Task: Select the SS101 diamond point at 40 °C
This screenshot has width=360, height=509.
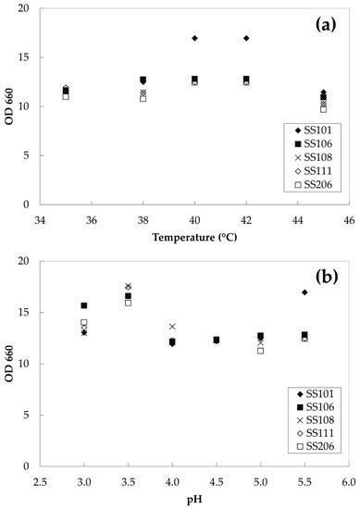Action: click(194, 38)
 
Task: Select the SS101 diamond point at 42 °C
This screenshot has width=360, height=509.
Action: click(246, 38)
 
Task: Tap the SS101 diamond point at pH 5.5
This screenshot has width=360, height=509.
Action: click(304, 292)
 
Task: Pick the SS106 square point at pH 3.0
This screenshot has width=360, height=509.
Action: click(84, 305)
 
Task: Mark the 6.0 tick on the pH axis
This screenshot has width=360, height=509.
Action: click(348, 480)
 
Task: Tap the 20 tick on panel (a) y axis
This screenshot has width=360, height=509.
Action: click(25, 9)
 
